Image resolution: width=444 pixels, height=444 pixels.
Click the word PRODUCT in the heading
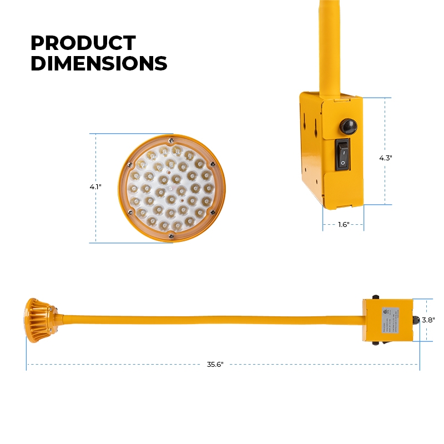coord(83,43)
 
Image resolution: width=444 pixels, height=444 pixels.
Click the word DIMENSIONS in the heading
coord(98,64)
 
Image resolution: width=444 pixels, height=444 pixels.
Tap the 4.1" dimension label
coord(95,187)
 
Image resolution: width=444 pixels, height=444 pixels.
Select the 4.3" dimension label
coord(385,158)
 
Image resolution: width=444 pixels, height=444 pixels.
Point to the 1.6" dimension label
coord(343,225)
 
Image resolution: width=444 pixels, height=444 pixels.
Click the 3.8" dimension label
coord(427,320)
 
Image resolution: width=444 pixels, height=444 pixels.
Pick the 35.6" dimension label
coord(215,365)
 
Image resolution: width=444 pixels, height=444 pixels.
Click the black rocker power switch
coord(342,154)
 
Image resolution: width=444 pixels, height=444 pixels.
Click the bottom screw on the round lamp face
coord(171,236)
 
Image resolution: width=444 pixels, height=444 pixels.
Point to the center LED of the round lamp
coord(171,189)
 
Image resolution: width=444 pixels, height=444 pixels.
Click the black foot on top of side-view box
coord(376,297)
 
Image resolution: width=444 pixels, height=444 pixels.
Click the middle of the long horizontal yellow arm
coord(211,320)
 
